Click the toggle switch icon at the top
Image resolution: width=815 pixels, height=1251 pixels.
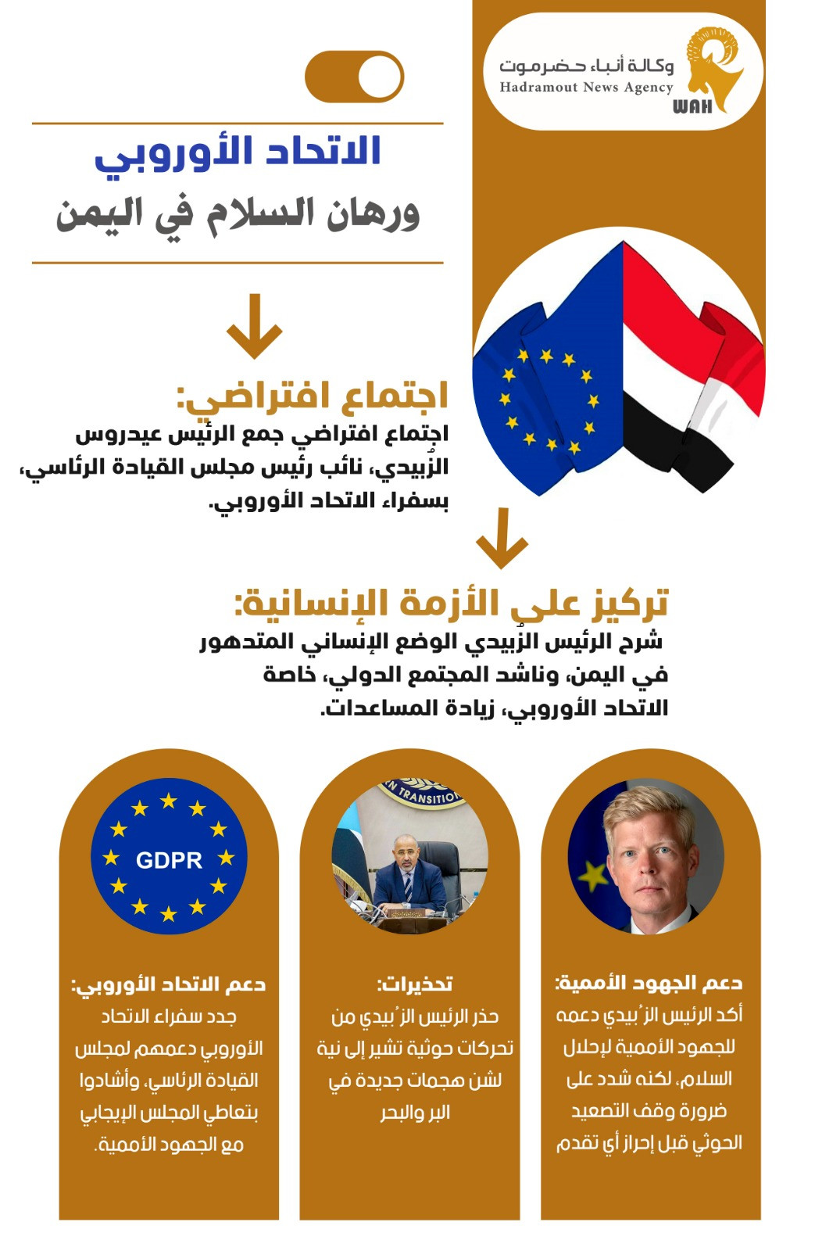coord(354,77)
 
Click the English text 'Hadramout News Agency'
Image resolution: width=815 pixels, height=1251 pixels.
coord(586,88)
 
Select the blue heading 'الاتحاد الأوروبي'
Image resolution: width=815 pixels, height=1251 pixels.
coord(238,152)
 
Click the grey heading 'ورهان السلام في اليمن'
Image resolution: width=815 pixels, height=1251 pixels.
coord(238,214)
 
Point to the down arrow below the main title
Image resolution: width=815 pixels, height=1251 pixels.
coord(254,326)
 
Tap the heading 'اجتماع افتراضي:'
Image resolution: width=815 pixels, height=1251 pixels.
coord(313,396)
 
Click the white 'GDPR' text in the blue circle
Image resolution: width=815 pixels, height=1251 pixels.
coord(169,860)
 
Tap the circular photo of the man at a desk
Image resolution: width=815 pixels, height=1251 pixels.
coord(409,856)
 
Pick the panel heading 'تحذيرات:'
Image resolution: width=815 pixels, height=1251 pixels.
coord(414,984)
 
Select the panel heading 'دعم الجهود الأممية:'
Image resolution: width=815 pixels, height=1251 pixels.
coord(649,983)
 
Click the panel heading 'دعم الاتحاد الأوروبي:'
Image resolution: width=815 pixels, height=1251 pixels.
coord(169,984)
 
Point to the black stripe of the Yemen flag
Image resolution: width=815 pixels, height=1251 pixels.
coord(672,446)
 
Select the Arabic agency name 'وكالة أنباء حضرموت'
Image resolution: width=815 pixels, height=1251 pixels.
coord(586,66)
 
